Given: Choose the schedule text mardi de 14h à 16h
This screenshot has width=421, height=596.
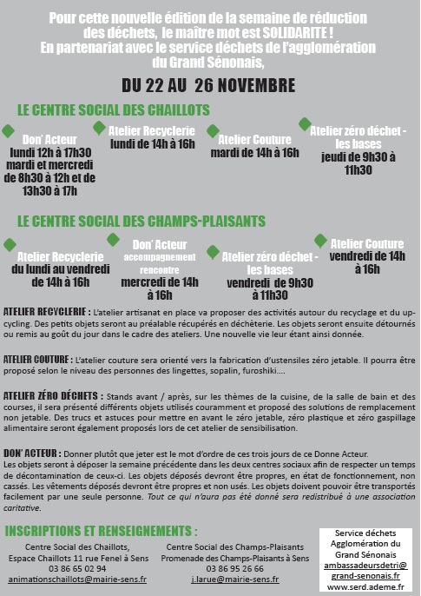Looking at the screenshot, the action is pyautogui.click(x=253, y=153).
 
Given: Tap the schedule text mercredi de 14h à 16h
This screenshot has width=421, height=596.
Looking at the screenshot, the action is pyautogui.click(x=161, y=288).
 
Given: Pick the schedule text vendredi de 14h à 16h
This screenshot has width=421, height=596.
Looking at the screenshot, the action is pyautogui.click(x=367, y=262).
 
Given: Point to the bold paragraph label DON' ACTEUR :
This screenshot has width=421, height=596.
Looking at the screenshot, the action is pyautogui.click(x=33, y=454).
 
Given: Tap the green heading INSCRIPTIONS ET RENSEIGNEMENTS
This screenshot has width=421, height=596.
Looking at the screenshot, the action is pyautogui.click(x=107, y=531).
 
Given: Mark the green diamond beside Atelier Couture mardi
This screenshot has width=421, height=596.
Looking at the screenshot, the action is pyautogui.click(x=213, y=131).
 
